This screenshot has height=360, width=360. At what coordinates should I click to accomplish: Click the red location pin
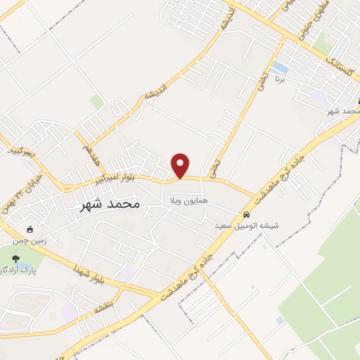(181, 166)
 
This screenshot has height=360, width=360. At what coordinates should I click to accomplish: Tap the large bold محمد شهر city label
(107, 203)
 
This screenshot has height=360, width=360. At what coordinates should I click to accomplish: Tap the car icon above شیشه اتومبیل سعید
(246, 214)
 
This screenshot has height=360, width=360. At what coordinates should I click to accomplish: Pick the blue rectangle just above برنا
(281, 67)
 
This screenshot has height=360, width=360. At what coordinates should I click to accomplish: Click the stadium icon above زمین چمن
(29, 229)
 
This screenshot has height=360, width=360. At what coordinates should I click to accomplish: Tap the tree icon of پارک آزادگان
(15, 259)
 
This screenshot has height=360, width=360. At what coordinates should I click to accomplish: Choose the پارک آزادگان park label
(15, 271)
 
